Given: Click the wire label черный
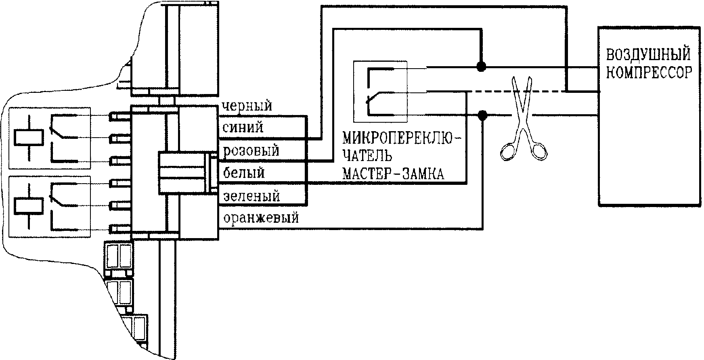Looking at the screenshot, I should pos(247,106).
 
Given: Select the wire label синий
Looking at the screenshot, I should pos(243,128).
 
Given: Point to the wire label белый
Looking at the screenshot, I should pos(244,173).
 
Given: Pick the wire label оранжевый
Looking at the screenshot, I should pos(261,218).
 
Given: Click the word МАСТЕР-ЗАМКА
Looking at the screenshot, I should pos(393,174).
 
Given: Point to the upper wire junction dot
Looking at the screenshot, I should pos(481,66).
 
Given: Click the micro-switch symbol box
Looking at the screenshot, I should pos(380,92).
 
